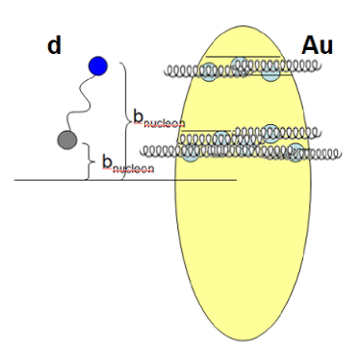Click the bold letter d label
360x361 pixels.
(x=56, y=44)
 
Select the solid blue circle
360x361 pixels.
(x=97, y=65)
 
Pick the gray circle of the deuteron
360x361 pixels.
(x=66, y=141)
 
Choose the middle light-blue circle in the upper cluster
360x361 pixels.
(x=241, y=64)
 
